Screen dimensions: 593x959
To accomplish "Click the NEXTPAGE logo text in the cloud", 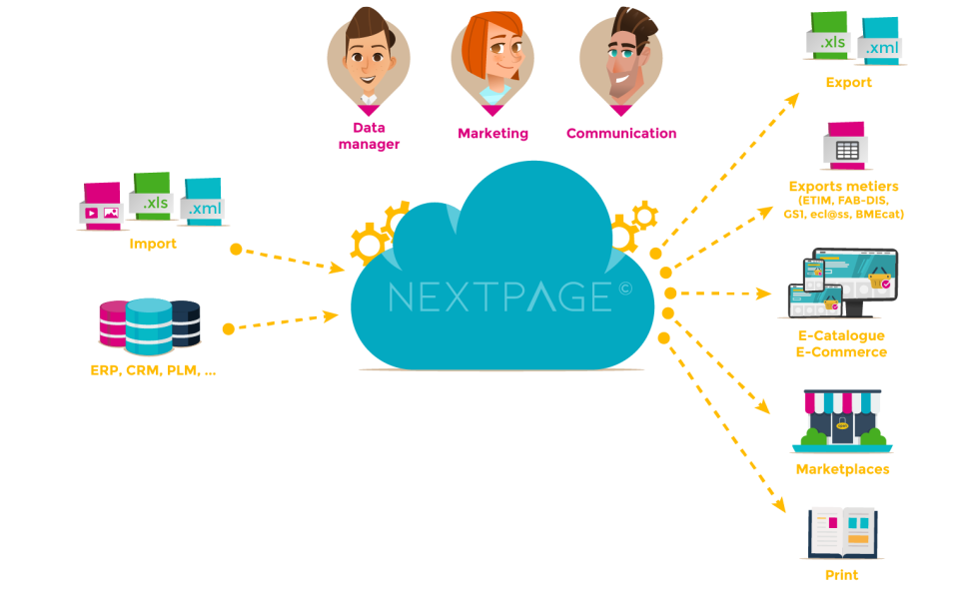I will pos(499,296).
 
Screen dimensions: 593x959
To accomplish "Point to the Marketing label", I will pos(492,133).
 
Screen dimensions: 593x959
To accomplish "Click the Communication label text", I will pos(621,133).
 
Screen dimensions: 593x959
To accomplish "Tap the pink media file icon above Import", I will pos(101,206).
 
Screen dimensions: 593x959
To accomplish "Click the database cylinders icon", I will pos(149,324).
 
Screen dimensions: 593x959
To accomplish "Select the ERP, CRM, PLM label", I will pos(152,370).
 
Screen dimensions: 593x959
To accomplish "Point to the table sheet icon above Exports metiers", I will pos(845,146).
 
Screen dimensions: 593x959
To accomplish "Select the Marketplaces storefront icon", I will pos(842,420).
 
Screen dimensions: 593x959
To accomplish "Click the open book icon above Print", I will pos(842,531).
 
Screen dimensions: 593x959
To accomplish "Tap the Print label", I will pos(842,575).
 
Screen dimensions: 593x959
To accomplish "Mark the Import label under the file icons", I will pos(153,244).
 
